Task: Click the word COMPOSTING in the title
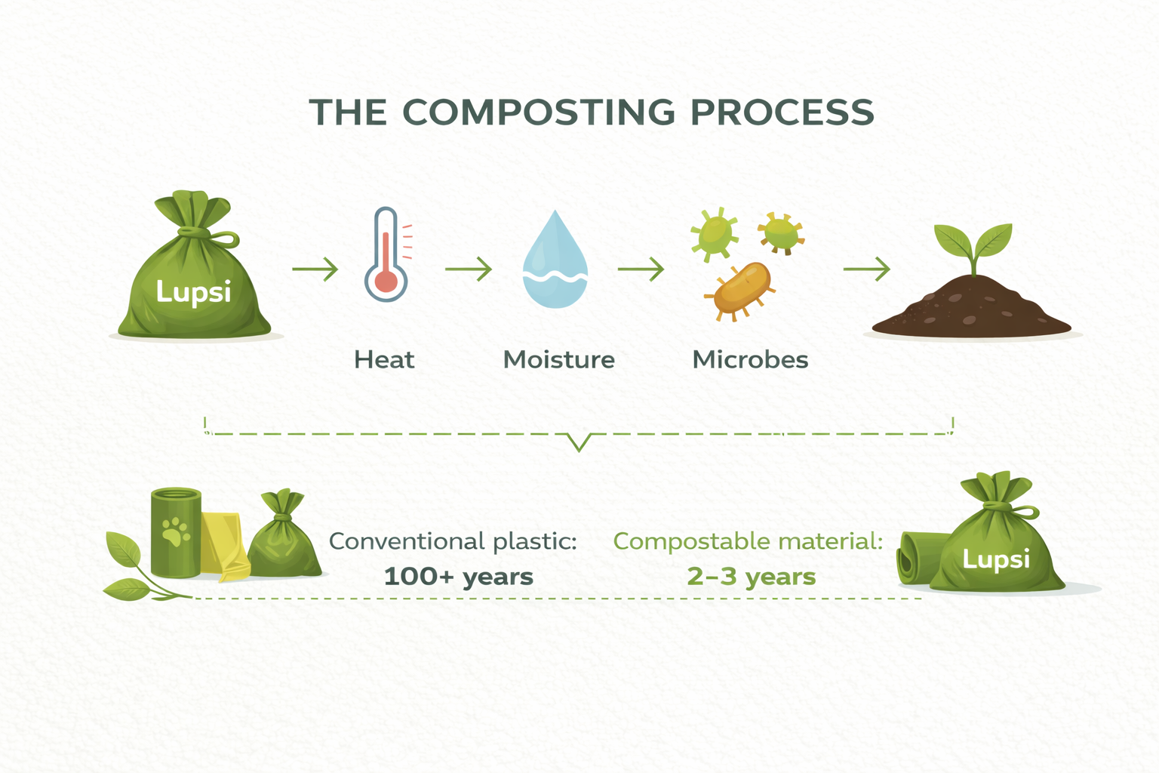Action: pos(539,112)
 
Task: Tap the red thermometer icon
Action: pos(387,254)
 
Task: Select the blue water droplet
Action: pos(555,259)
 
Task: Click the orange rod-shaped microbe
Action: pos(740,290)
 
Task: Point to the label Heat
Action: pos(384,359)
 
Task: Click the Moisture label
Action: pos(559,359)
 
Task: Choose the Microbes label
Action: pos(750,359)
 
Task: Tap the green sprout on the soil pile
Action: pos(973,248)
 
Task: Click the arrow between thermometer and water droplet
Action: pos(469,269)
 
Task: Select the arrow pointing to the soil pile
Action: pos(867,269)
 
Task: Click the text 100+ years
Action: pos(459,576)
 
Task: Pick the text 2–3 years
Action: pos(752,576)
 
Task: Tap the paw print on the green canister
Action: pos(177,531)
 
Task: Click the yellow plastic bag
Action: pos(223,547)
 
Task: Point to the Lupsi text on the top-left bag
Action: pos(193,292)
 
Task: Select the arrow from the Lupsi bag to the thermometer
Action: pos(315,269)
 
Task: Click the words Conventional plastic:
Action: pos(453,541)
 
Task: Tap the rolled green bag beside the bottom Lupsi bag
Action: pos(918,558)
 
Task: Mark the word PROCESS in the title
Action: pos(782,112)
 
